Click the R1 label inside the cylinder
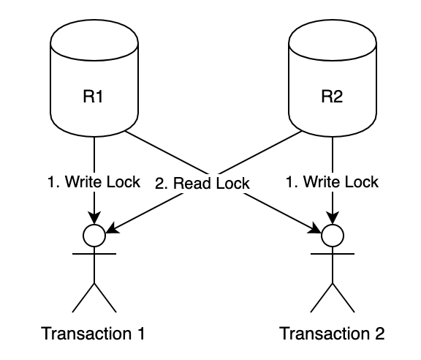(93, 97)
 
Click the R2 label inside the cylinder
(332, 97)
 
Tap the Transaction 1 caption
(93, 334)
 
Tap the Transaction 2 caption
(332, 334)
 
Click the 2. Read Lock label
(202, 184)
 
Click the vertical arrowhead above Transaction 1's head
(94, 217)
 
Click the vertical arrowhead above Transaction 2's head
(333, 217)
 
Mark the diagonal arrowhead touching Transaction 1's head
(113, 228)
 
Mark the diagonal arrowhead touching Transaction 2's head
(315, 228)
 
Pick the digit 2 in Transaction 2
(379, 334)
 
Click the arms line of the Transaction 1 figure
(94, 253)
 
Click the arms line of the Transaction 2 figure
(333, 253)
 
